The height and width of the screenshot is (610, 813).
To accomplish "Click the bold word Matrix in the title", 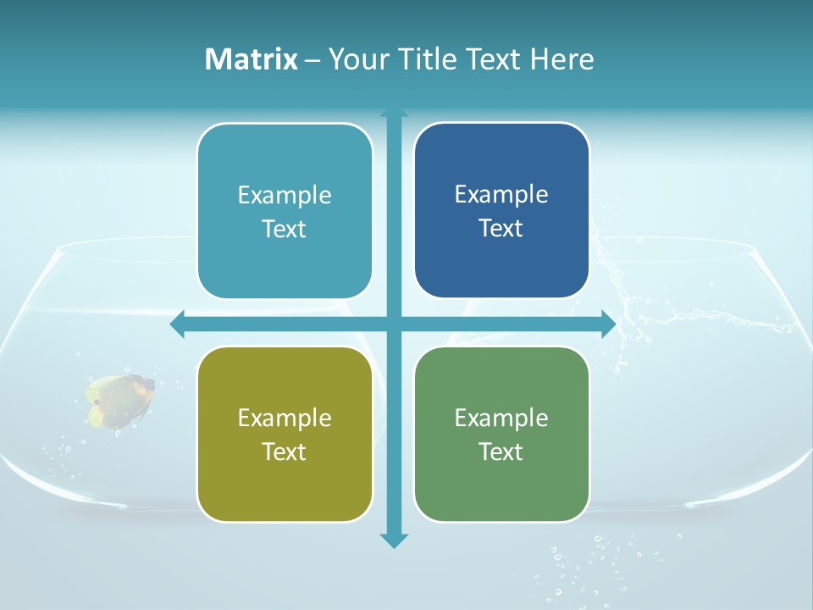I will click(252, 59).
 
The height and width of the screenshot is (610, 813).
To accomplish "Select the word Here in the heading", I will click(562, 59).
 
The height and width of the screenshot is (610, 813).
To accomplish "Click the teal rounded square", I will click(285, 212).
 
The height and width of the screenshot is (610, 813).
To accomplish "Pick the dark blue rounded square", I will click(501, 211).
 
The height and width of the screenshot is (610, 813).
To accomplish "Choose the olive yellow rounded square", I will click(285, 435).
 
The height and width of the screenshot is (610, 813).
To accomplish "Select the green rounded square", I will click(501, 435).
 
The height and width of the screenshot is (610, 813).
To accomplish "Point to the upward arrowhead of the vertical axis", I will click(394, 113).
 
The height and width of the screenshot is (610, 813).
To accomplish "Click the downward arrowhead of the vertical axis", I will click(394, 540).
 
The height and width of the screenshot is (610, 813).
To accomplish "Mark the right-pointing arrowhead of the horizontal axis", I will click(608, 324).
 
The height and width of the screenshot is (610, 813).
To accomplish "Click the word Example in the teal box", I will click(285, 196).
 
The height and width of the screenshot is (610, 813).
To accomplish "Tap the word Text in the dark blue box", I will click(501, 229).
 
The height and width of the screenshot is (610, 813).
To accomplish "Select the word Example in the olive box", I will click(285, 419).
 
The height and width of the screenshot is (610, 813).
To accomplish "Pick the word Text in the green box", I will click(501, 452).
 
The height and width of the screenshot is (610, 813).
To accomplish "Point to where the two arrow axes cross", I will click(394, 324).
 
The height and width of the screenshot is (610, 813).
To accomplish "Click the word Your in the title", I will click(356, 59).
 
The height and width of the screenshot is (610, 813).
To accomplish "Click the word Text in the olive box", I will click(285, 452).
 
